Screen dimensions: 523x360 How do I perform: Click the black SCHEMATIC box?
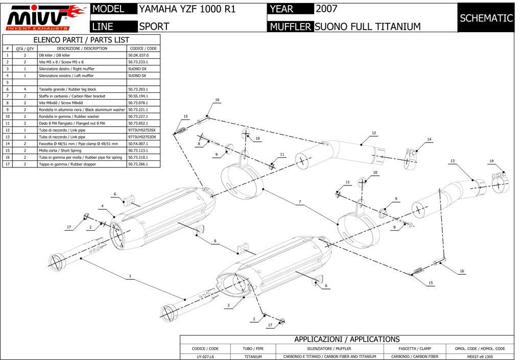click(x=486, y=18)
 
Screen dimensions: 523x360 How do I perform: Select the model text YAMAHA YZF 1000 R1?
click(x=187, y=9)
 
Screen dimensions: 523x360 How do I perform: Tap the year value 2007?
click(x=326, y=9)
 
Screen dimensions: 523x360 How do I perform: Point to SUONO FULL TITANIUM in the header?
click(x=368, y=27)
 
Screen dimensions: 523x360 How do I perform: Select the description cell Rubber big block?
click(x=82, y=89)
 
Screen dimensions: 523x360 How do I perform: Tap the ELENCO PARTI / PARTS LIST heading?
click(x=81, y=40)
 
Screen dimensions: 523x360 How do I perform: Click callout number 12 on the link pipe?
click(x=374, y=133)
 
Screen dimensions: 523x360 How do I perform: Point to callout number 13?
click(x=453, y=161)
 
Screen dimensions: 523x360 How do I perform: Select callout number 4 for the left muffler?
click(x=102, y=206)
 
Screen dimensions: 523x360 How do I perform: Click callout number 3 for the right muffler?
click(x=228, y=305)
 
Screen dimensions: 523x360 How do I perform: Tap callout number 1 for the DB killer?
click(x=130, y=276)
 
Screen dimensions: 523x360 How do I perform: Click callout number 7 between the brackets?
click(x=300, y=202)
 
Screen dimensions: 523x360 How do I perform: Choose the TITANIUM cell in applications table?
click(x=253, y=356)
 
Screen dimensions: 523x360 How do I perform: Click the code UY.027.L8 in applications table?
click(x=205, y=356)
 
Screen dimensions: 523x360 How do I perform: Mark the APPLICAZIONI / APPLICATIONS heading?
click(x=347, y=340)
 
